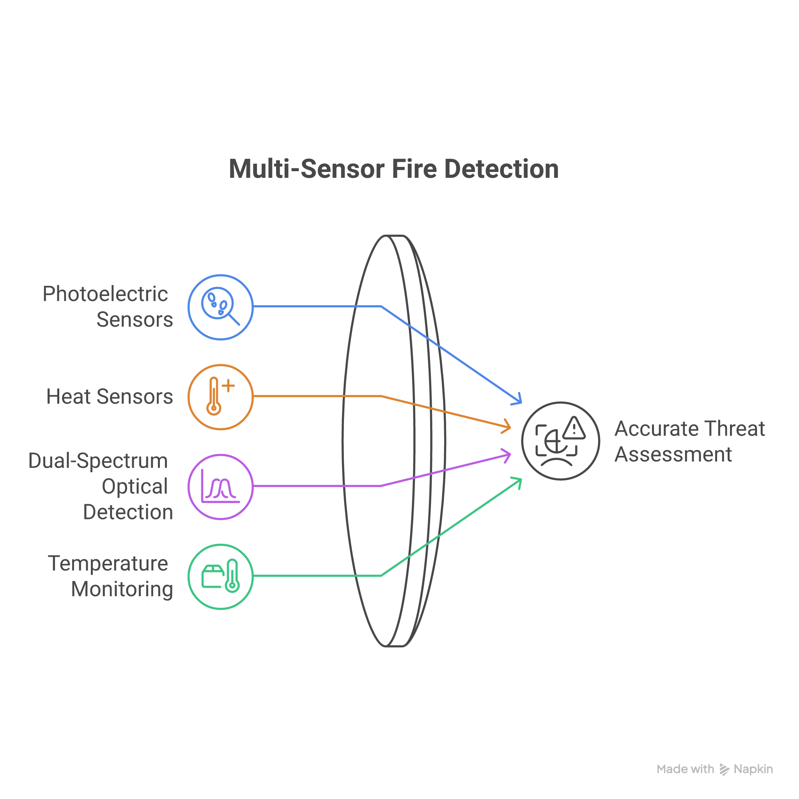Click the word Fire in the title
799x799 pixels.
[414, 169]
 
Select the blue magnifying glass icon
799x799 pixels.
[220, 307]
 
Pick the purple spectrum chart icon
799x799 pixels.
[220, 487]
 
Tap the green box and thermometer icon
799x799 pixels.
[220, 576]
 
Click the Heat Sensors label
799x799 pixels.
[110, 397]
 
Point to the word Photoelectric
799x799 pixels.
[105, 294]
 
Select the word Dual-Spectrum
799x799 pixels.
[98, 461]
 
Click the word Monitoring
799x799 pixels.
[122, 589]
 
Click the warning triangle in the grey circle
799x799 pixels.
[574, 428]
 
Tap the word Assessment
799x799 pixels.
[673, 455]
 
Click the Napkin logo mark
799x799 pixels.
[724, 769]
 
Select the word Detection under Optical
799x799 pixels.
[128, 512]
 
